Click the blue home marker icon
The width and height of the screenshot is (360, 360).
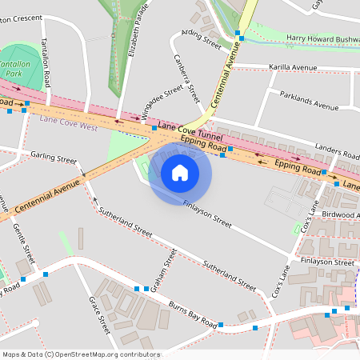coord(180,172)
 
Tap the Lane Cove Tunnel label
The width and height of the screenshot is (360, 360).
coord(189,130)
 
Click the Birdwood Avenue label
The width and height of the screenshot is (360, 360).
coord(337,214)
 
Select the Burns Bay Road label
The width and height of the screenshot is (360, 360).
coord(192,315)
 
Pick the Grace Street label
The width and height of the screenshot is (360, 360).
coord(99,315)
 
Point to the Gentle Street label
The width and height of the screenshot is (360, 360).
coord(24,244)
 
